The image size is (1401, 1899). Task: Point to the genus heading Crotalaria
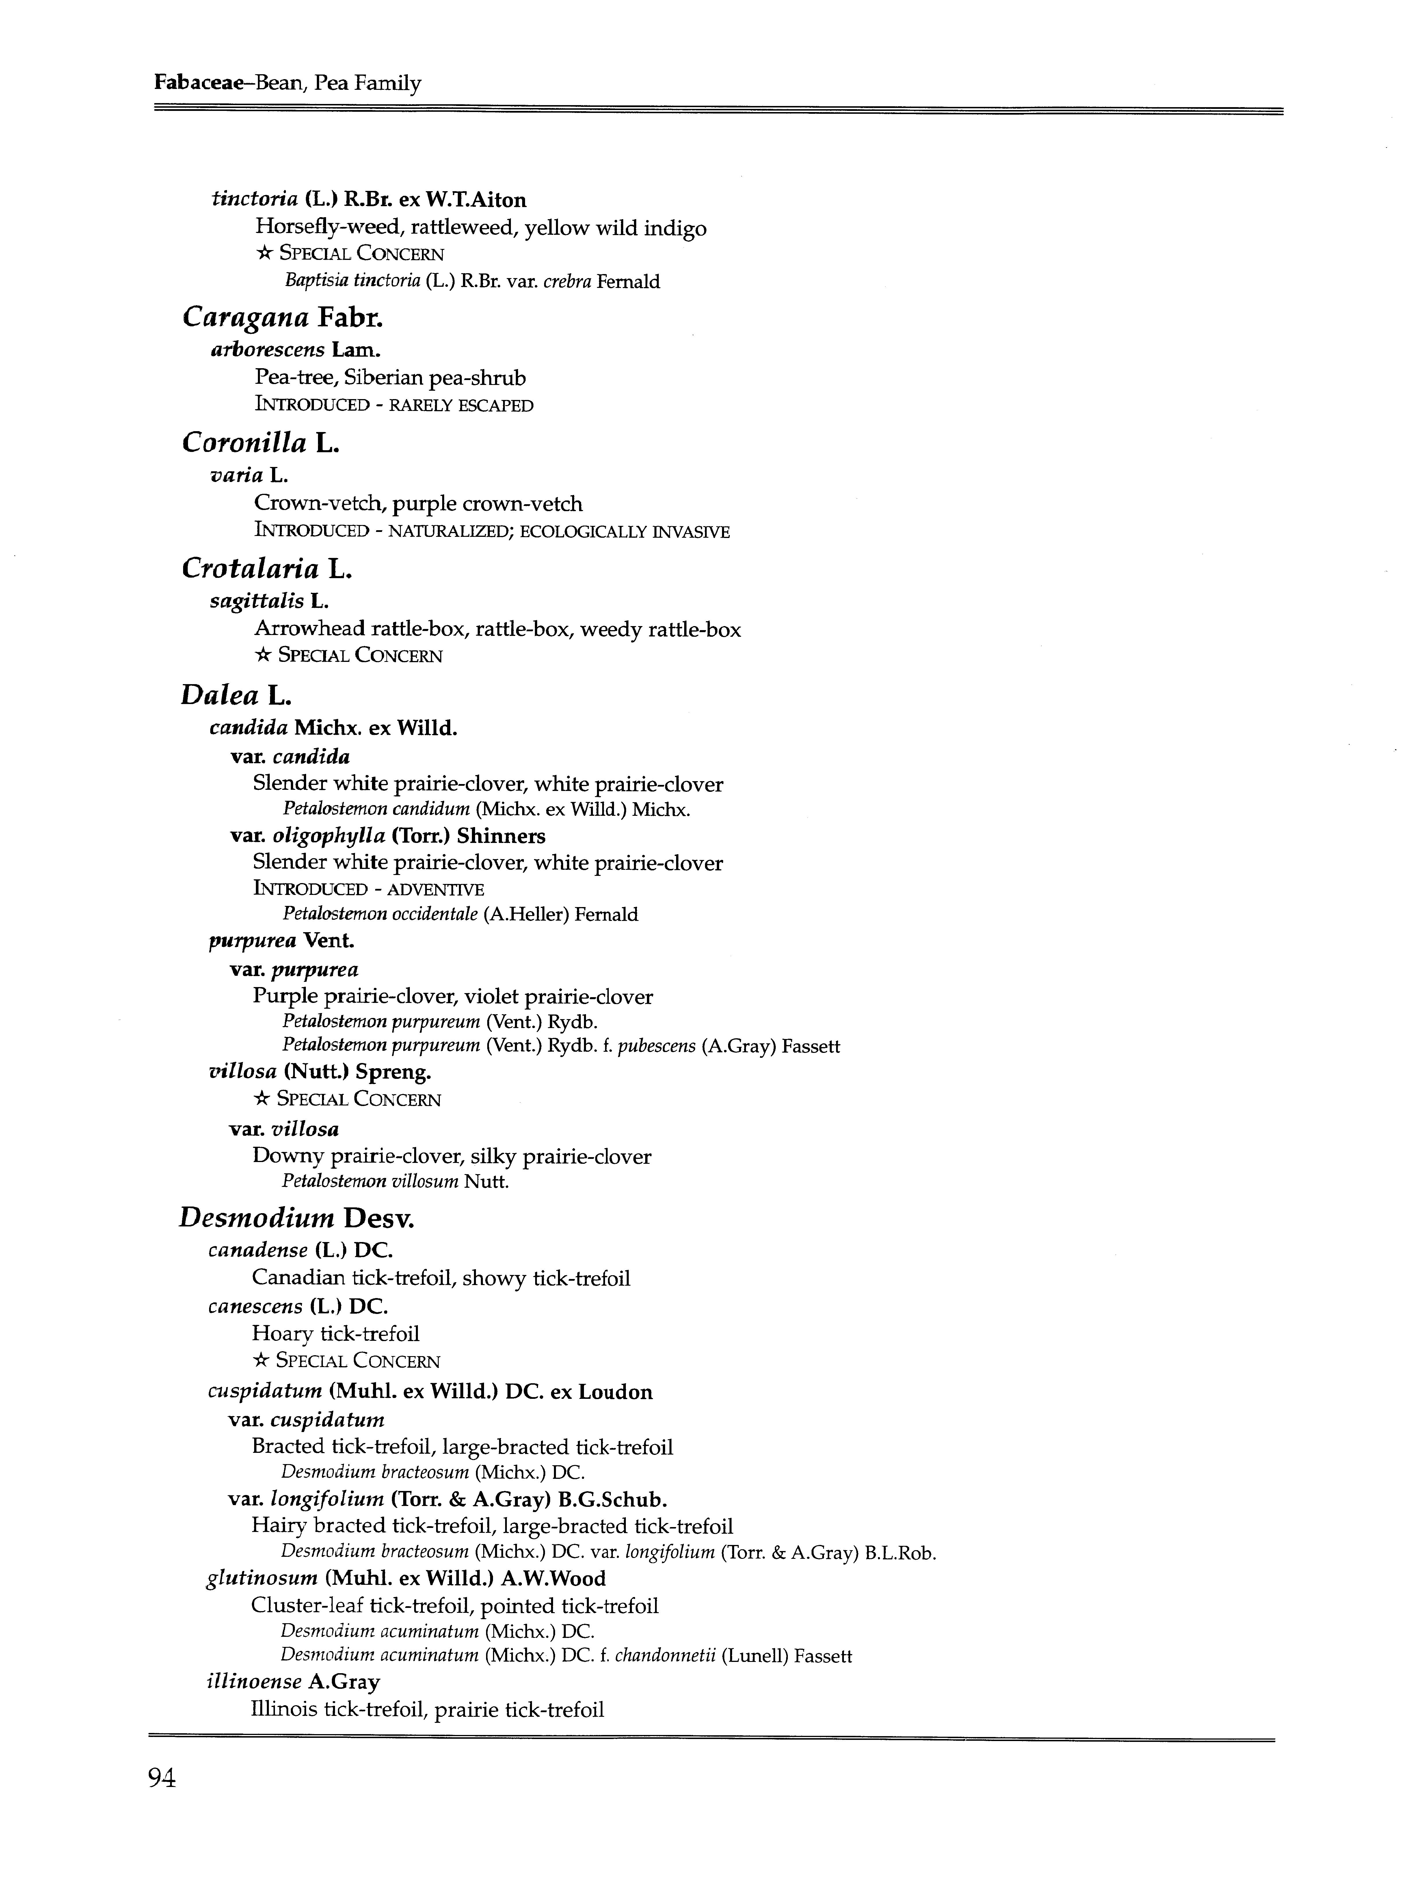pos(250,569)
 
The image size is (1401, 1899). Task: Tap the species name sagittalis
pos(256,601)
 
